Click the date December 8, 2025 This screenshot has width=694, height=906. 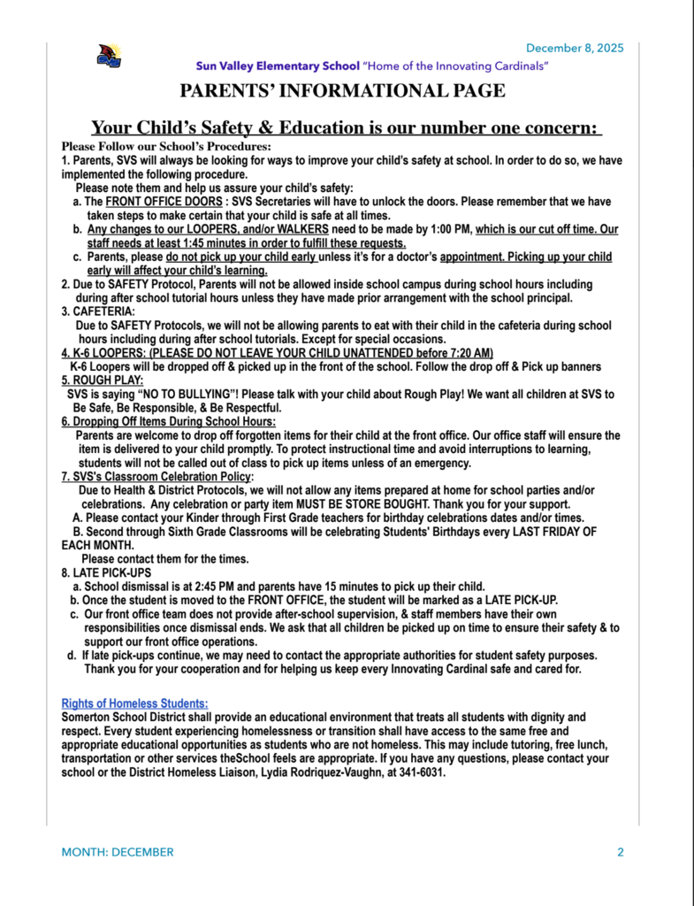click(x=575, y=48)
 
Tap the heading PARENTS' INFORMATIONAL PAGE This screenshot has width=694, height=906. click(x=343, y=91)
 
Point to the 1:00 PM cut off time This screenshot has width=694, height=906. click(x=448, y=229)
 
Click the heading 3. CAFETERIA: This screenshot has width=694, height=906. click(x=98, y=312)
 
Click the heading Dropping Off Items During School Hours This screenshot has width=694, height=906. click(x=168, y=422)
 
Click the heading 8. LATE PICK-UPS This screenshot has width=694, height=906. click(x=106, y=572)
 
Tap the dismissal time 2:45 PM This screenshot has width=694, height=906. click(x=210, y=586)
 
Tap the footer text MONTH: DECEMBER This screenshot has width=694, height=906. click(x=118, y=853)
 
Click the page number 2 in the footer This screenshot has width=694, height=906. click(x=620, y=853)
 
